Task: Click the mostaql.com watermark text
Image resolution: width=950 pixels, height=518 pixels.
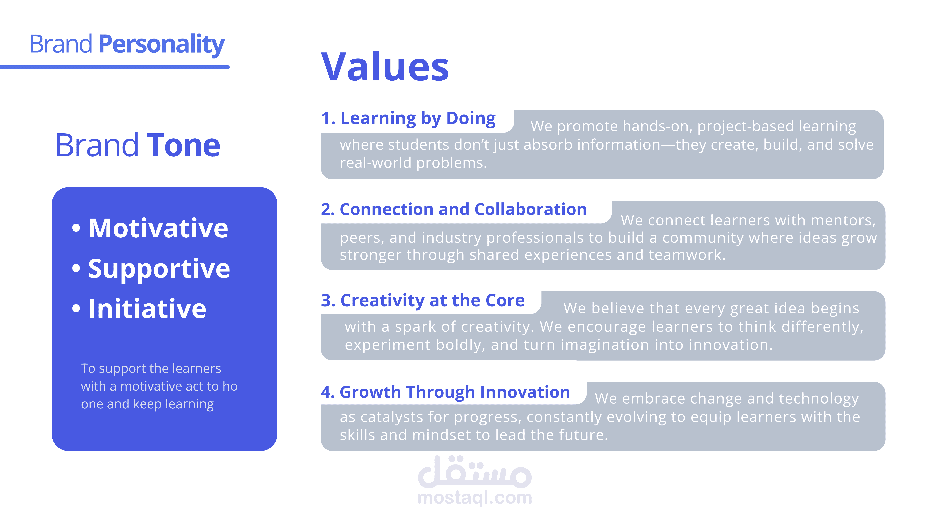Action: click(x=475, y=498)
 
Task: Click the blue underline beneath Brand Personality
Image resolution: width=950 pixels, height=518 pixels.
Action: click(x=115, y=67)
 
